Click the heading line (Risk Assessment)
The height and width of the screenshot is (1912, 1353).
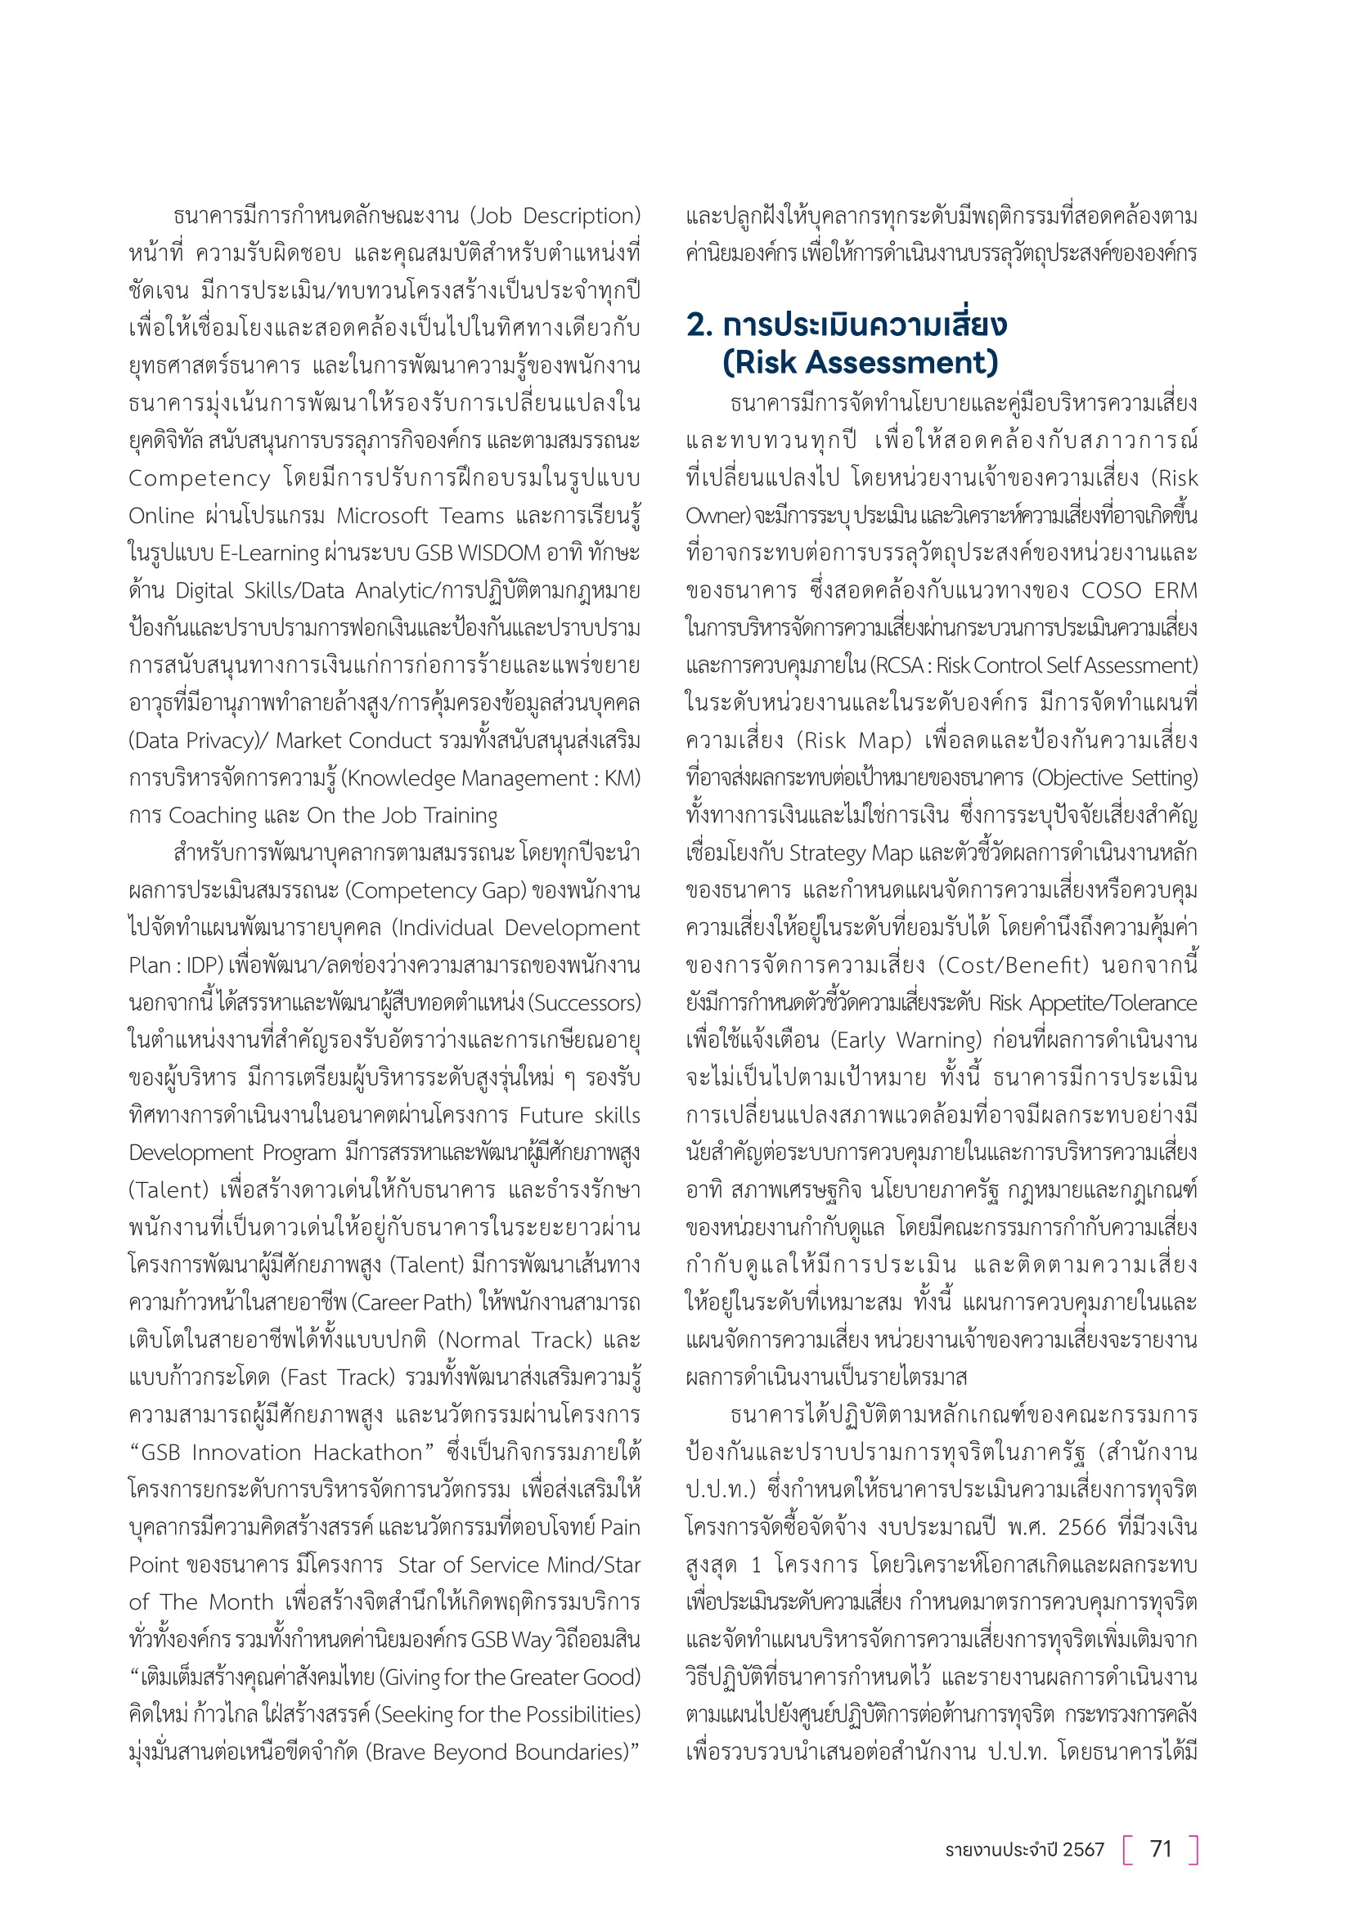coord(860,362)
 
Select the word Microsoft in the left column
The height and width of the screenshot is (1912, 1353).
coord(378,516)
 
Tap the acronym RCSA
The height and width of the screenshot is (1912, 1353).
coord(899,665)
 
